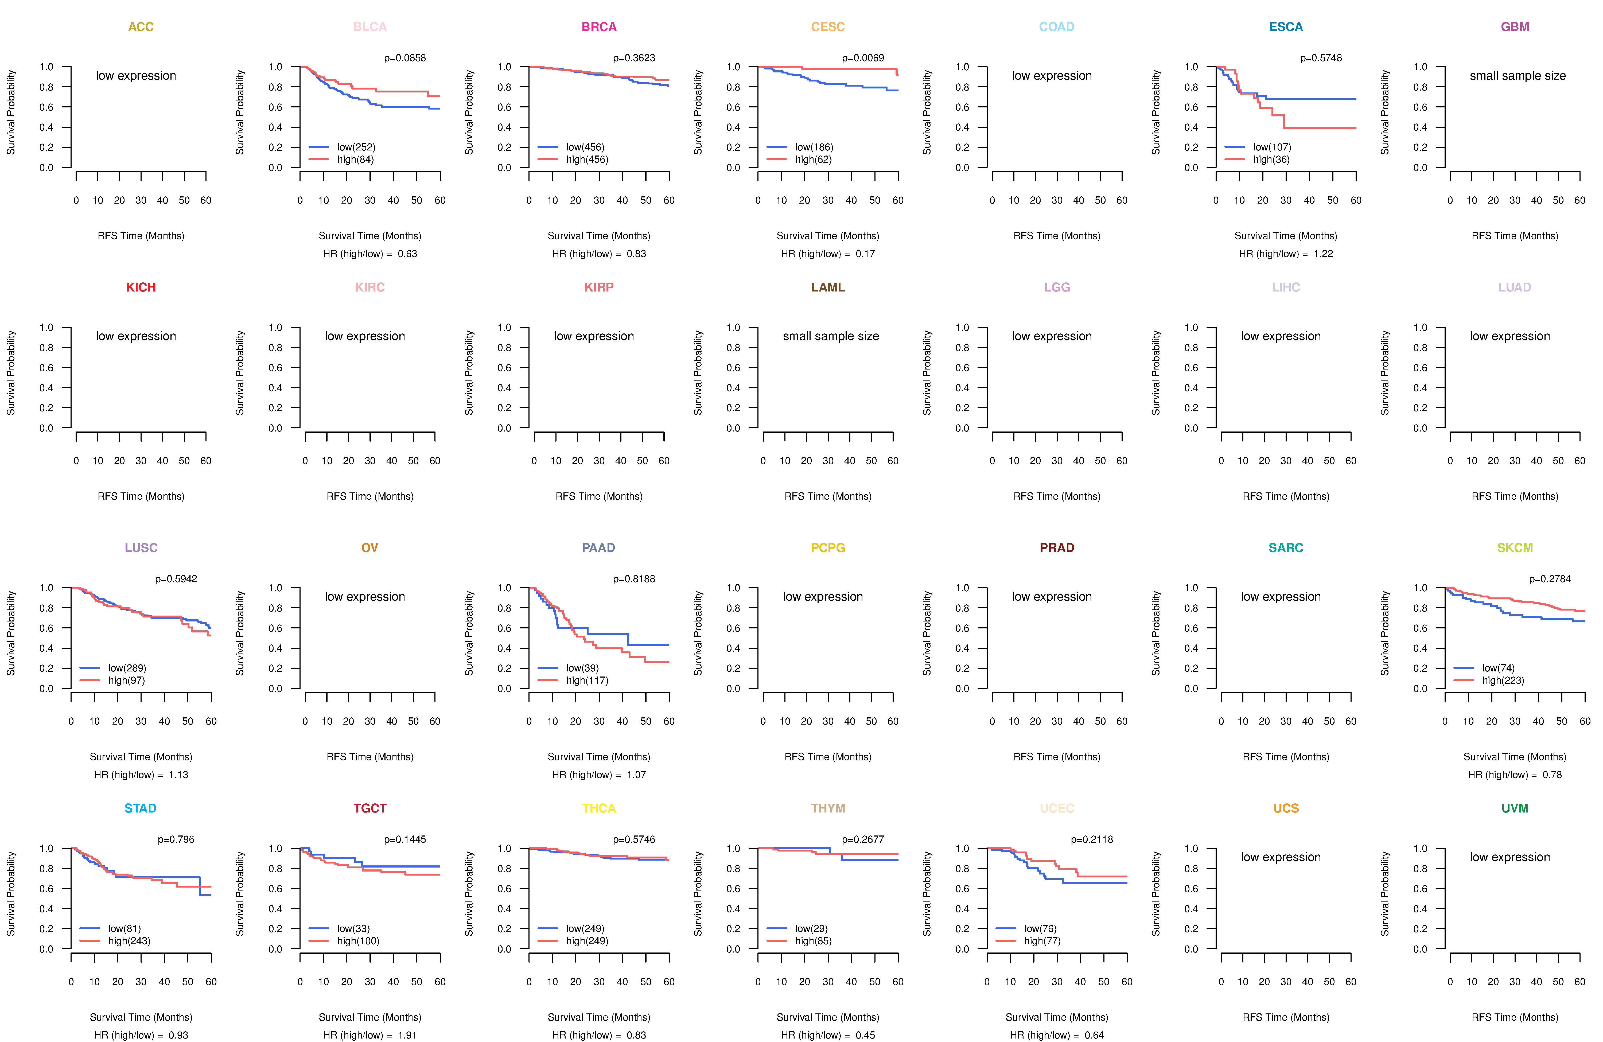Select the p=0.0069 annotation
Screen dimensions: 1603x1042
click(x=863, y=58)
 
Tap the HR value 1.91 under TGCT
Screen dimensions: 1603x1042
click(x=407, y=1035)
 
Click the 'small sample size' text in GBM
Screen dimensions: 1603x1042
click(x=1518, y=75)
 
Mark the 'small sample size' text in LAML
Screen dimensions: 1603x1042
click(x=830, y=336)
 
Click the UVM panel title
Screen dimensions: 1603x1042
click(x=1515, y=808)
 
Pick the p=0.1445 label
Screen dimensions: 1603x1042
click(x=405, y=839)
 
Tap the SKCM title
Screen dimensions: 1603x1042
click(x=1515, y=548)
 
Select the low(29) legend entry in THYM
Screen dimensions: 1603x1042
click(x=812, y=928)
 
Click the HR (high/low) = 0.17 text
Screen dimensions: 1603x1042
click(x=828, y=254)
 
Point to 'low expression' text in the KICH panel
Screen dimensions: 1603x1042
click(x=136, y=336)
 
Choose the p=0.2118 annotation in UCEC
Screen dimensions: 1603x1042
click(x=1092, y=839)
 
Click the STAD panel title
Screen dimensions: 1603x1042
click(x=140, y=808)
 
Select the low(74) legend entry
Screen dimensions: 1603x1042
click(x=1499, y=668)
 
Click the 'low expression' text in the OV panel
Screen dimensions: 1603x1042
click(x=365, y=597)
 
